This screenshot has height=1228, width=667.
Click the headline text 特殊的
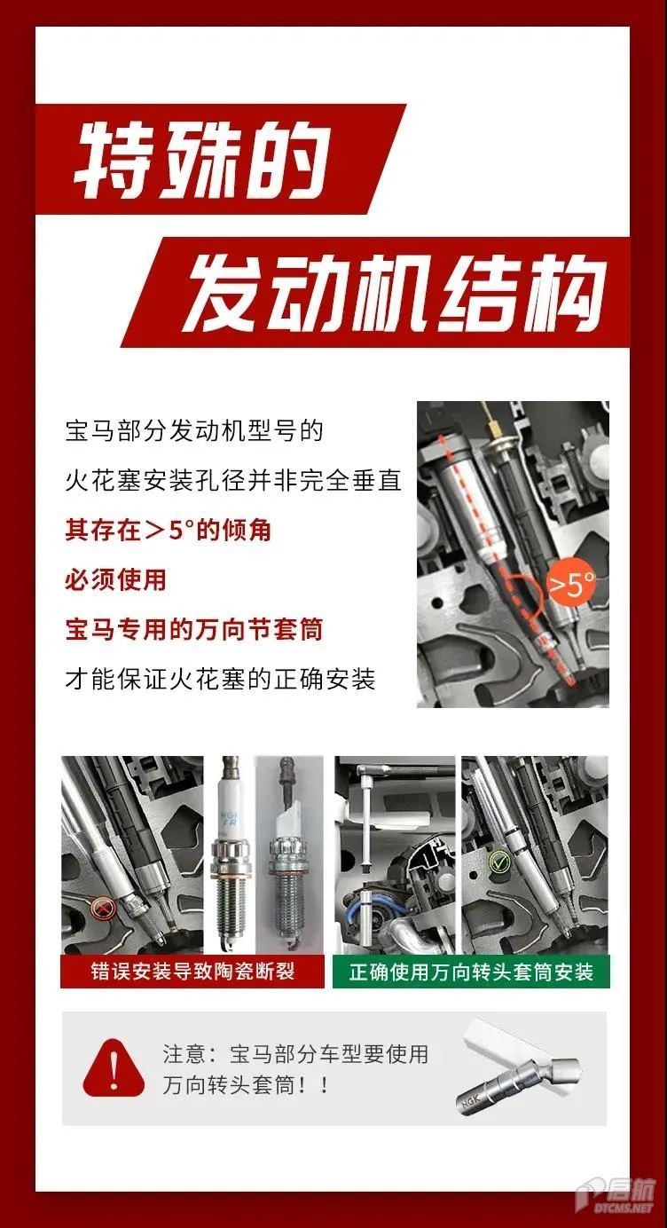(x=201, y=160)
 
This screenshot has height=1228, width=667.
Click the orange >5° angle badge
(x=572, y=585)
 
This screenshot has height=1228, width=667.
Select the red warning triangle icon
(x=114, y=1067)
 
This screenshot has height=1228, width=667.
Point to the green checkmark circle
(x=498, y=862)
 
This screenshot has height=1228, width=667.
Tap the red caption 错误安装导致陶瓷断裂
(x=192, y=972)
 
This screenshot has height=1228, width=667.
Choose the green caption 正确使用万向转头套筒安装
(x=471, y=972)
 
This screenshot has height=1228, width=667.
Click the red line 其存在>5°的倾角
(x=169, y=530)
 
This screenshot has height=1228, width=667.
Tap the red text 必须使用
(x=115, y=579)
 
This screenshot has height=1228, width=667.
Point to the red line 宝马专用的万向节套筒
(x=193, y=629)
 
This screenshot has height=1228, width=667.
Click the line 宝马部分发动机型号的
(x=193, y=431)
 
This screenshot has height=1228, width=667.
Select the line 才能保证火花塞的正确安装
(x=220, y=680)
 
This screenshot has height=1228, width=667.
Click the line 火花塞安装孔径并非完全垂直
(x=233, y=481)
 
